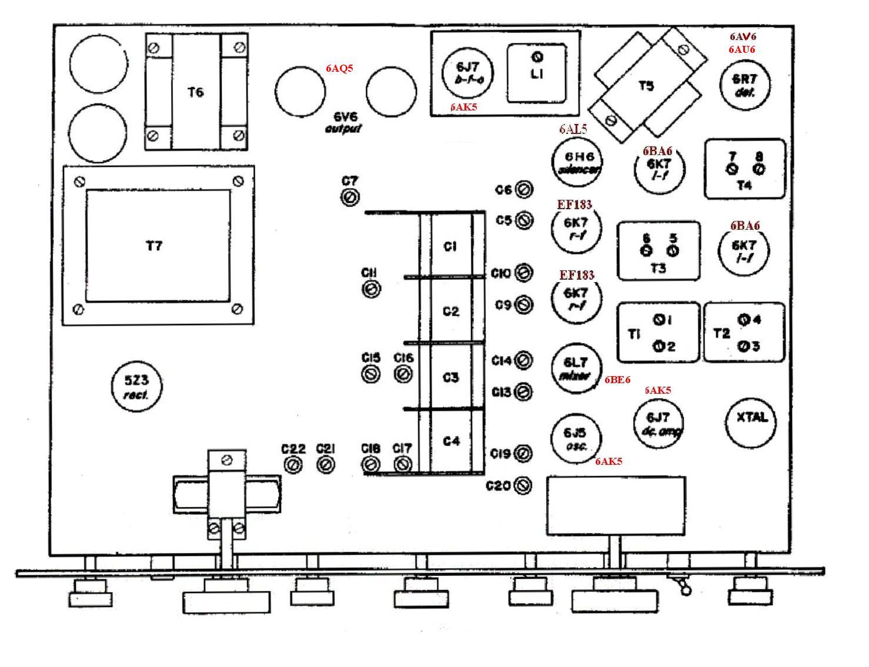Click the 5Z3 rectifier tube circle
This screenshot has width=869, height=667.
[137, 386]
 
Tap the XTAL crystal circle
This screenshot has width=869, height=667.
[751, 418]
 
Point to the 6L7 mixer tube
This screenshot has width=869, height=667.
[577, 367]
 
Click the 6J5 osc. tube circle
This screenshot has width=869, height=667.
[575, 437]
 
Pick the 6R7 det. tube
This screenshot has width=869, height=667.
[744, 84]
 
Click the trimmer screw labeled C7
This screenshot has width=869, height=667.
[350, 197]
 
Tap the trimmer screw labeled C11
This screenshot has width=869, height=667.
[372, 289]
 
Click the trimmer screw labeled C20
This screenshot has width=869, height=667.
[523, 485]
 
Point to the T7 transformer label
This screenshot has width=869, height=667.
[153, 246]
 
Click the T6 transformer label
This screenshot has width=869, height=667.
[195, 92]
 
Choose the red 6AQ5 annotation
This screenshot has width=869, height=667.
[340, 68]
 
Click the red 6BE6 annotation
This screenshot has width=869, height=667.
[617, 380]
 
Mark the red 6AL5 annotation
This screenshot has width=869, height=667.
[573, 129]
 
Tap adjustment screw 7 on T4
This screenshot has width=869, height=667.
[732, 169]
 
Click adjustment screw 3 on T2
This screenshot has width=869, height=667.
[743, 346]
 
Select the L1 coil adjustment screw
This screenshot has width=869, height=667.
[537, 57]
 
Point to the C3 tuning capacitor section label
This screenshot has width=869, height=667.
[450, 377]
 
